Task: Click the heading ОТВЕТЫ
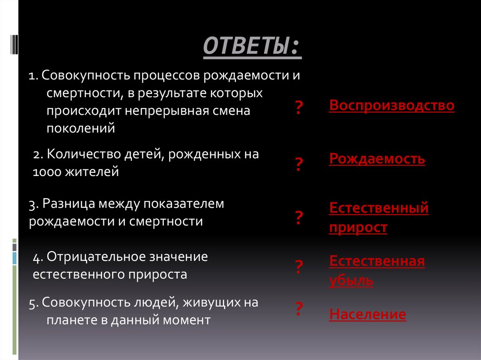click(x=252, y=47)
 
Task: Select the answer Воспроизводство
click(x=392, y=106)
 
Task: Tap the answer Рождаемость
click(x=377, y=159)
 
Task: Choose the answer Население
click(x=368, y=314)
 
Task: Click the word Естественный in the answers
click(x=379, y=208)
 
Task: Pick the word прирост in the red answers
click(x=358, y=228)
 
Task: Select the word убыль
click(x=351, y=281)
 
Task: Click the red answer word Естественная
click(x=377, y=261)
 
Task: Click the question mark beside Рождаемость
click(x=298, y=165)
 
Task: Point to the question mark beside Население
click(x=298, y=308)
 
